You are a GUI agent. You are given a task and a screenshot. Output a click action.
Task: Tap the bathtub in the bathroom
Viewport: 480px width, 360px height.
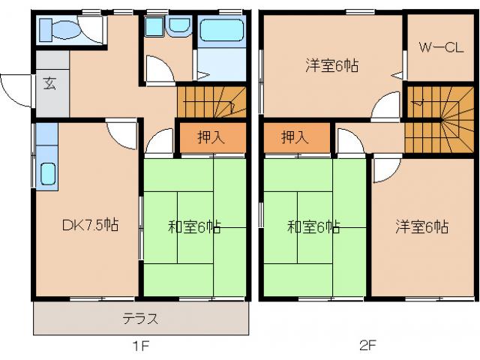[x=222, y=30]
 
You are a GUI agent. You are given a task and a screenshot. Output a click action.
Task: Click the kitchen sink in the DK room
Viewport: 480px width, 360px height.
[x=46, y=174]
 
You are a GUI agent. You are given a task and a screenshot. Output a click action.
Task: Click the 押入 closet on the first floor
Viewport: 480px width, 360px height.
[x=211, y=137]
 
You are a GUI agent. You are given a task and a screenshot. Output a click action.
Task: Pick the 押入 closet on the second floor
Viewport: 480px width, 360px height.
[x=295, y=137]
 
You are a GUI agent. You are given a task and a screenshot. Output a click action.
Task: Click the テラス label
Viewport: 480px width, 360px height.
[x=140, y=318]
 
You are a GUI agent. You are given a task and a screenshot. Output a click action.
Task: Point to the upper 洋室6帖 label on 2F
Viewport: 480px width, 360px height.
[x=330, y=65]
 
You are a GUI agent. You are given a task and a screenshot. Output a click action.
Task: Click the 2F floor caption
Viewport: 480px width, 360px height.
[x=367, y=346]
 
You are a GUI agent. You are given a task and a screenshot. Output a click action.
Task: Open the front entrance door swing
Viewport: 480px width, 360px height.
[x=15, y=90]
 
